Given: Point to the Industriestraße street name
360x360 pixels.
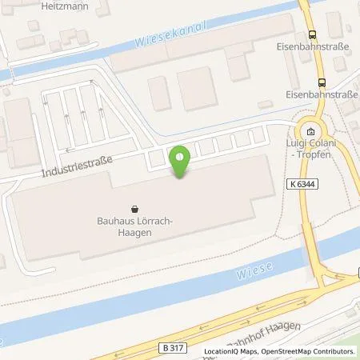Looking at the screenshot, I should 78,167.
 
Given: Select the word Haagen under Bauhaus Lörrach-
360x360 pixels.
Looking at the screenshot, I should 133,231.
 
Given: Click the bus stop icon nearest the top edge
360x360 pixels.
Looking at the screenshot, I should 311,34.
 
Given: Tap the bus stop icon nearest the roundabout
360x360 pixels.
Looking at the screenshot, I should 322,82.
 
